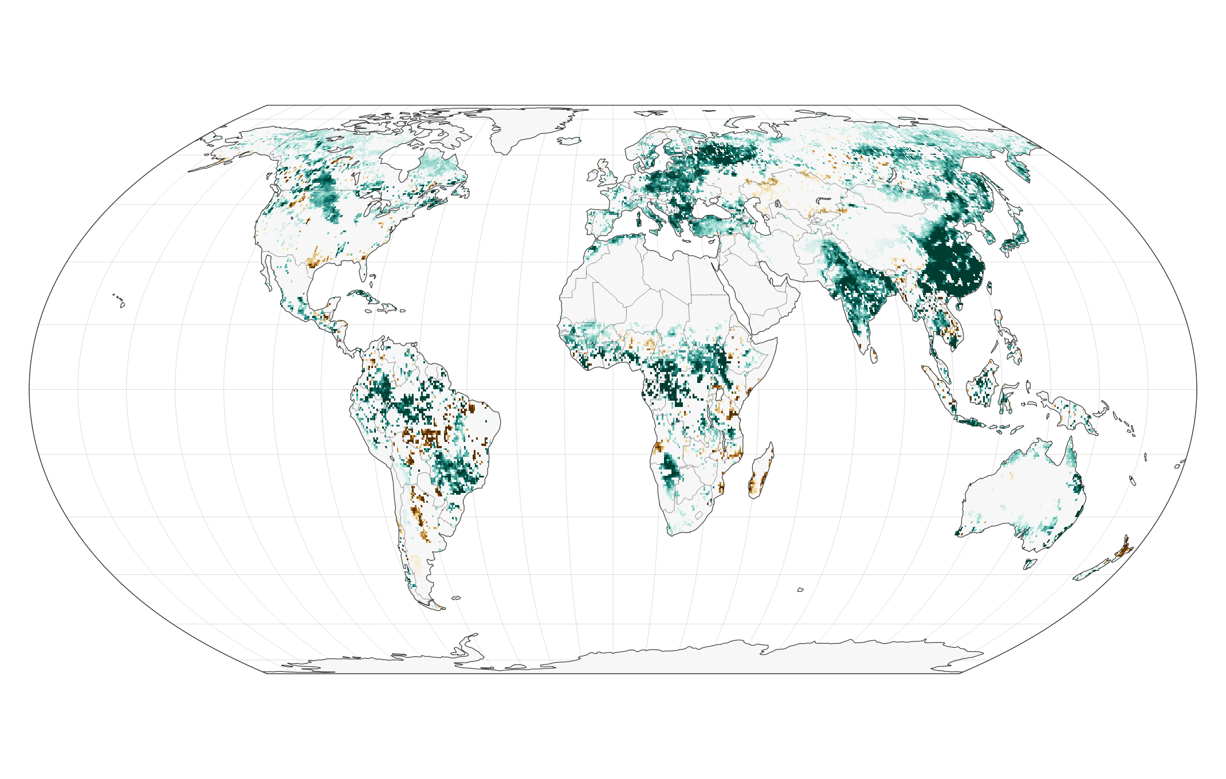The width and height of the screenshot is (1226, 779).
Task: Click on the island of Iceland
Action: coord(568,140)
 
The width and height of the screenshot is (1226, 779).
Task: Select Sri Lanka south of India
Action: coord(874,355)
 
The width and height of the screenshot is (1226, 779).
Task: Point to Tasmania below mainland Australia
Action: coord(1030,563)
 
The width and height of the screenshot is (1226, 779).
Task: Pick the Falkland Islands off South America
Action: coord(456,598)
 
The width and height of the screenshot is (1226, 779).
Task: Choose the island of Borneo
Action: coord(984,384)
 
